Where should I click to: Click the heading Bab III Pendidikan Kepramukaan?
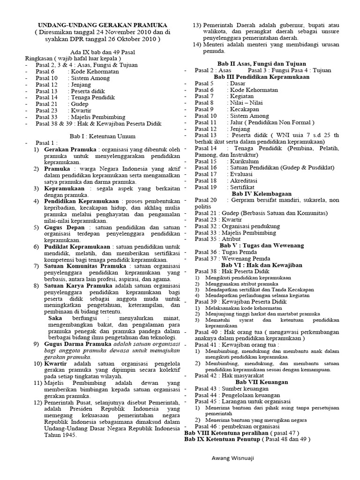pos(262,76)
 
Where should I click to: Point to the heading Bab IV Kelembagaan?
pos(262,193)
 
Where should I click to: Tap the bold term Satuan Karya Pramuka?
pos(78,285)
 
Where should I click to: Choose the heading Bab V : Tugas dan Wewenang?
pos(262,245)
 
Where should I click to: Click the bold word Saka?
pos(55,318)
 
